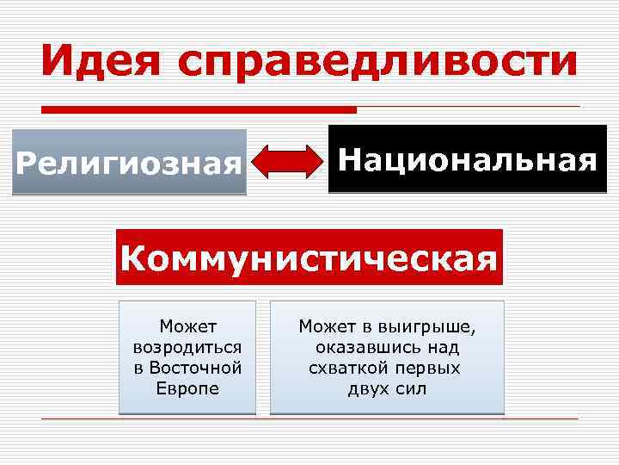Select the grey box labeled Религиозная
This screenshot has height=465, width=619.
(129, 162)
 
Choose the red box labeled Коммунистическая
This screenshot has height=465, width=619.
(309, 257)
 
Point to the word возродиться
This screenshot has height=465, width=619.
(187, 346)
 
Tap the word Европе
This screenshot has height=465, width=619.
(187, 387)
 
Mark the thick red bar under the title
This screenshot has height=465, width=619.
(199, 109)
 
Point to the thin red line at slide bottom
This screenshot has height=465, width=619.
(309, 418)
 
